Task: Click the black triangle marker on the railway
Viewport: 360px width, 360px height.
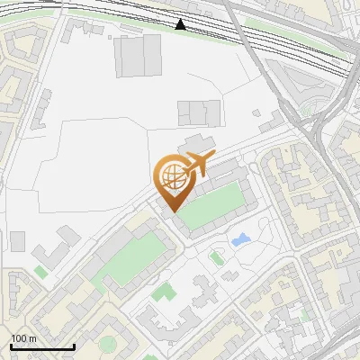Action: [182, 24]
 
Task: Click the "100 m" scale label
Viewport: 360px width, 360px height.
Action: [23, 338]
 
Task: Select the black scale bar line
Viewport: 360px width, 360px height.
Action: [41, 347]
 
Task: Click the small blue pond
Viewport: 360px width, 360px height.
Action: [240, 240]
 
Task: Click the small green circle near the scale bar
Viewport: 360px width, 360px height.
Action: [108, 343]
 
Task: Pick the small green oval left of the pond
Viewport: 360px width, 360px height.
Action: [216, 259]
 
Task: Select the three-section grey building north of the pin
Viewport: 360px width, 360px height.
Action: [198, 112]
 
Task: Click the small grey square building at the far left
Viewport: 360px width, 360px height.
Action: [18, 241]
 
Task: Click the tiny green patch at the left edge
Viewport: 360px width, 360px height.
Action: [40, 272]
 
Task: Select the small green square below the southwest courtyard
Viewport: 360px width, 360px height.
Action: [162, 292]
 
